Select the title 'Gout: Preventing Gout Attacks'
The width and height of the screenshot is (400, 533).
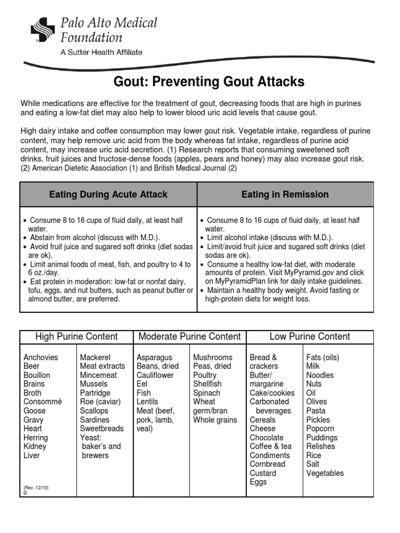[209, 82]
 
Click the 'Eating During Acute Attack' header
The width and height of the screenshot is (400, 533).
[108, 194]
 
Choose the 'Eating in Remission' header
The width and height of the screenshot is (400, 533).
[285, 194]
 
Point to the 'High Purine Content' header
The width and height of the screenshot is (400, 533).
[77, 336]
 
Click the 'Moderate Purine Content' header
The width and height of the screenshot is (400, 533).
[190, 336]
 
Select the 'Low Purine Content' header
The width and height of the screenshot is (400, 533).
[310, 336]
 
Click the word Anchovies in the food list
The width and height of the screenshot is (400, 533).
[41, 358]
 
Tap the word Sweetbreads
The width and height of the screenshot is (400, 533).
[102, 428]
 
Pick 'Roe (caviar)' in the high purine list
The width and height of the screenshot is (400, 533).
[100, 402]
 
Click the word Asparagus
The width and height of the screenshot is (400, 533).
[154, 358]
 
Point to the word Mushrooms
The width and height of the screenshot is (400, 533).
[213, 358]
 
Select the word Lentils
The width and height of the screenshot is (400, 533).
[147, 402]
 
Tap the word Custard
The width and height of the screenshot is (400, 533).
[263, 473]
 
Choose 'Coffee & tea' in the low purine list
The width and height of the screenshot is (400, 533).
[271, 447]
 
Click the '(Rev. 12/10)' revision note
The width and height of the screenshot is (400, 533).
[36, 488]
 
